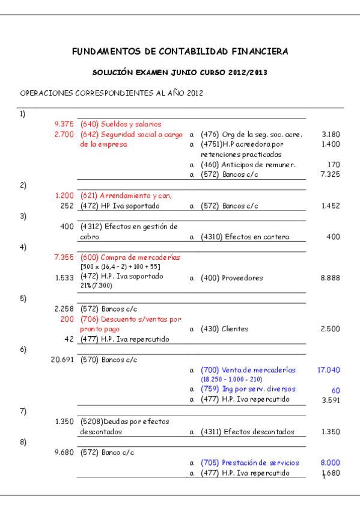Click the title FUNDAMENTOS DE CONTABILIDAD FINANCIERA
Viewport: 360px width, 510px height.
pyautogui.click(x=180, y=52)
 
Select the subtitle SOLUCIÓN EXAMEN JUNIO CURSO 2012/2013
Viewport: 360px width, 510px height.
pyautogui.click(x=180, y=72)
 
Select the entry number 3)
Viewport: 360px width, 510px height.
pyautogui.click(x=23, y=216)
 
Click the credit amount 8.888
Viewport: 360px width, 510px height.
pyautogui.click(x=330, y=278)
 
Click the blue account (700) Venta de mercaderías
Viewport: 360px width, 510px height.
pyautogui.click(x=248, y=370)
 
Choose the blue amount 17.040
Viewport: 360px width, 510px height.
pyautogui.click(x=328, y=370)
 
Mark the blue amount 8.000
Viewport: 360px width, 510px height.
pyautogui.click(x=330, y=463)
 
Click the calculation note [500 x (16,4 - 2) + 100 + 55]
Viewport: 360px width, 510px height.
pyautogui.click(x=120, y=266)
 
